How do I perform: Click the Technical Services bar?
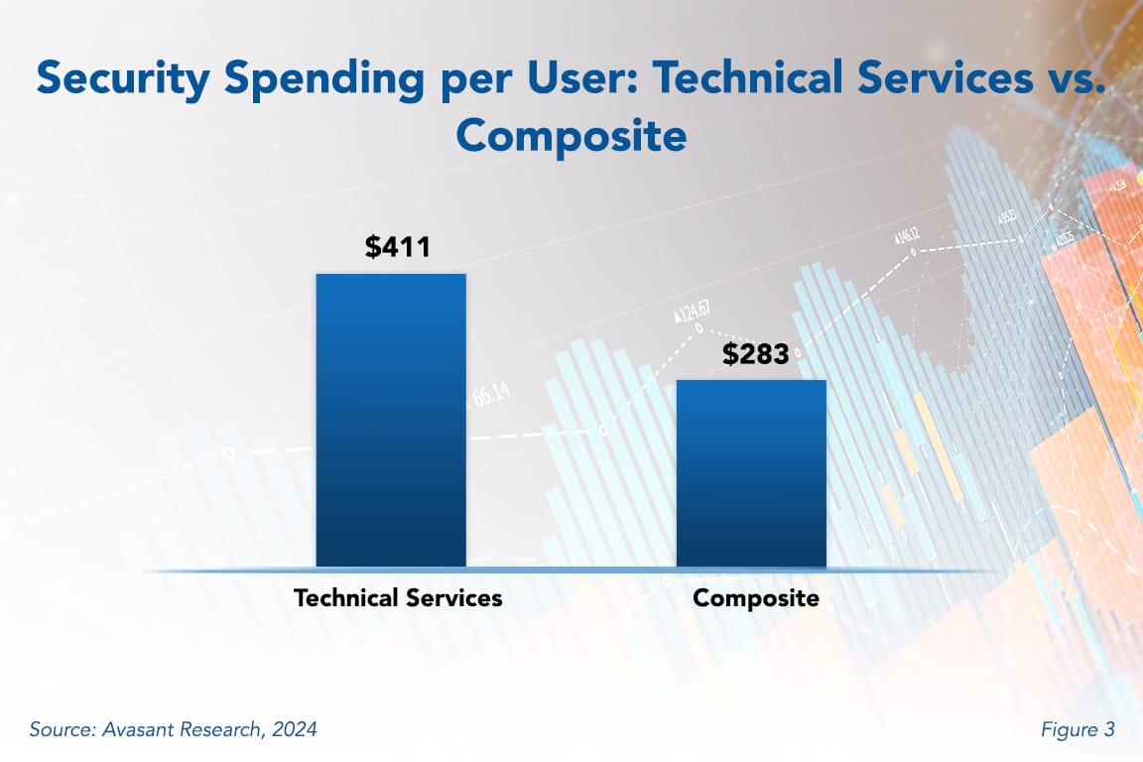(x=391, y=421)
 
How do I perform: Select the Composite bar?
(x=751, y=474)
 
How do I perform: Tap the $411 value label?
(x=397, y=247)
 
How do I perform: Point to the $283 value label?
(x=756, y=353)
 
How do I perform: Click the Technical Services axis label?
(x=398, y=598)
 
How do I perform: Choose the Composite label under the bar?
(x=756, y=598)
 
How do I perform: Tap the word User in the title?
(x=552, y=78)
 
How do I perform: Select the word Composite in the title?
(x=571, y=136)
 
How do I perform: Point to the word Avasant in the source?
(x=135, y=730)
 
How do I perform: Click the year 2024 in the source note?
(x=294, y=730)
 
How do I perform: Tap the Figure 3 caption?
(x=1078, y=730)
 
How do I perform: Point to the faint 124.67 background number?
(x=699, y=310)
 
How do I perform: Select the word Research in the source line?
(x=220, y=730)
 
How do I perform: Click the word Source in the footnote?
(x=61, y=730)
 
